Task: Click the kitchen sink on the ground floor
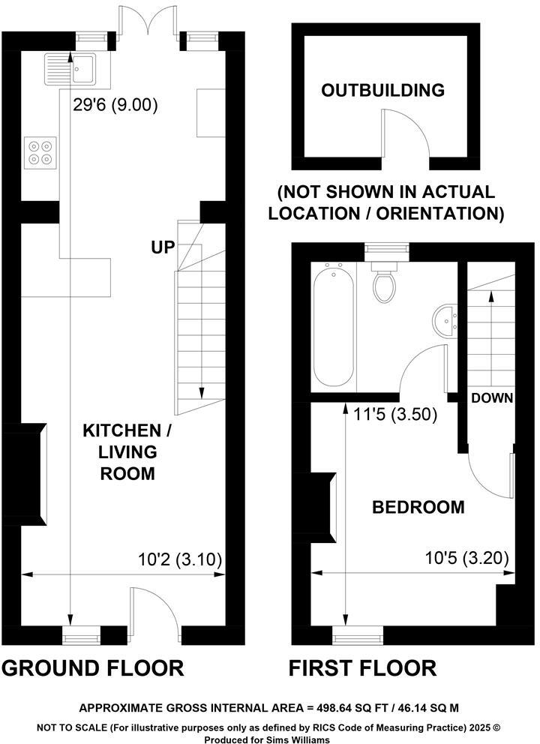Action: pyautogui.click(x=68, y=68)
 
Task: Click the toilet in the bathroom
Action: pyautogui.click(x=386, y=283)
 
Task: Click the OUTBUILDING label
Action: pyautogui.click(x=382, y=91)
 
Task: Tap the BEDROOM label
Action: pyautogui.click(x=418, y=508)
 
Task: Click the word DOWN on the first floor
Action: pyautogui.click(x=492, y=398)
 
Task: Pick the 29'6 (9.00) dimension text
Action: pyautogui.click(x=115, y=106)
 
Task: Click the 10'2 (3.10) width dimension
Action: pyautogui.click(x=181, y=559)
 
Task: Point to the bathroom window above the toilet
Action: pyautogui.click(x=386, y=250)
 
